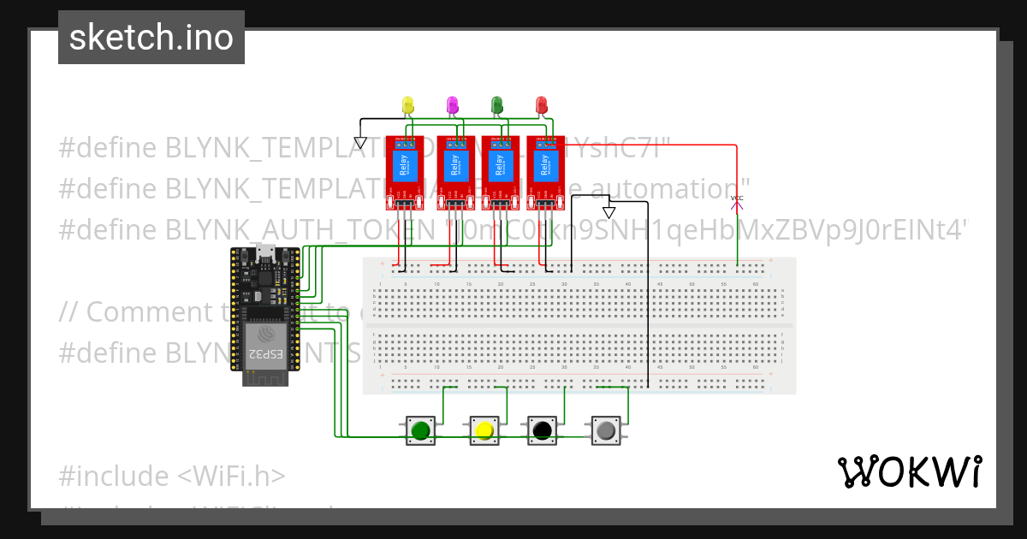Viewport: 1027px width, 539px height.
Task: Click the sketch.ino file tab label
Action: coord(151,38)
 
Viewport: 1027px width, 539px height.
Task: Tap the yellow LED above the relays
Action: coord(408,104)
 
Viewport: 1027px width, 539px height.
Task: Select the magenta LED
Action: coord(453,104)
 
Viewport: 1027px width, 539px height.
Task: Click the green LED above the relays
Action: coord(497,104)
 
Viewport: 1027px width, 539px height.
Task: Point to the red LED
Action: coord(541,104)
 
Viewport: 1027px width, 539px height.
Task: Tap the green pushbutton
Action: coord(419,430)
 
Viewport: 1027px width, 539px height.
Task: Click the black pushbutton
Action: coord(542,430)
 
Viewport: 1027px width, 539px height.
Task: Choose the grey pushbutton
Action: coord(606,430)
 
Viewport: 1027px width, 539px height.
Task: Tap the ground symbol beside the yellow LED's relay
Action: coord(360,142)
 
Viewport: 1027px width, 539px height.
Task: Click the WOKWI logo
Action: coord(909,471)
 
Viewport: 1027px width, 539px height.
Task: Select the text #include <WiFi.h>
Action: coord(172,476)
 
